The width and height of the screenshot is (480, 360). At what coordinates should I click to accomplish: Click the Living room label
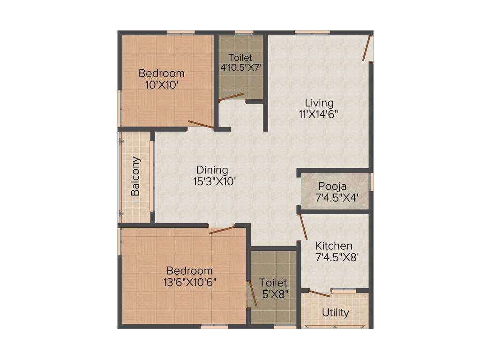[x=319, y=103]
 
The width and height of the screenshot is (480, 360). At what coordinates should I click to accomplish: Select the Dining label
[x=212, y=170]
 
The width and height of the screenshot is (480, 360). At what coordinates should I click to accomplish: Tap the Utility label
[x=336, y=313]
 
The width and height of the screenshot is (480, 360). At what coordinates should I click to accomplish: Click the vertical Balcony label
[x=135, y=176]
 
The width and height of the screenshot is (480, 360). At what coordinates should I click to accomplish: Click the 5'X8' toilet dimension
[x=273, y=294]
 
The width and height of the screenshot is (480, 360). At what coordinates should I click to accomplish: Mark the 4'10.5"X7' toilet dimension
[x=240, y=67]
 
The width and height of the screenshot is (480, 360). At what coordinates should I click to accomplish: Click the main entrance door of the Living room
[x=367, y=48]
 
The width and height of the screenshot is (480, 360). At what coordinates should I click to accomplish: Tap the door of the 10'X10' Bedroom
[x=201, y=125]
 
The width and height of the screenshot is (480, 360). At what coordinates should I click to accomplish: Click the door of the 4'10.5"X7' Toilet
[x=232, y=97]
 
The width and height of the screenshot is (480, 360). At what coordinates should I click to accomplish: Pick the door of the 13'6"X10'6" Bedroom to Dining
[x=222, y=230]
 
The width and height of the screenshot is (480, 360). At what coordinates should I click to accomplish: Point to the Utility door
[x=320, y=294]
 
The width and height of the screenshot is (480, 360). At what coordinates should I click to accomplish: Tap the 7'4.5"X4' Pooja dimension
[x=337, y=197]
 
